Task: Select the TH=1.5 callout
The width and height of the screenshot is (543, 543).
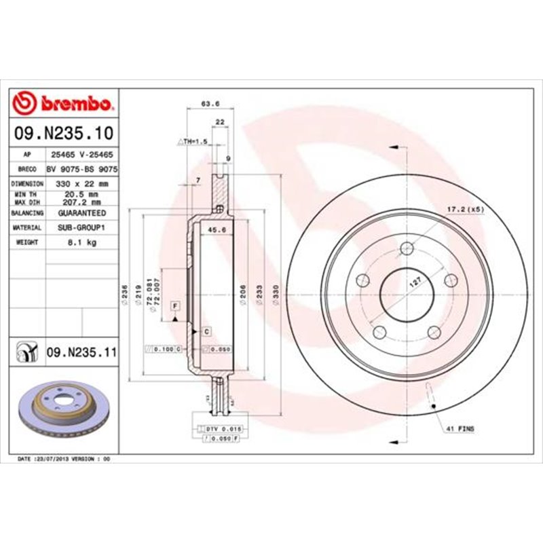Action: click(192, 141)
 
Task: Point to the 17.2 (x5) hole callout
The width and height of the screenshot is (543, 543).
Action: click(465, 210)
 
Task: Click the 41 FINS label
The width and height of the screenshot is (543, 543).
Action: click(460, 430)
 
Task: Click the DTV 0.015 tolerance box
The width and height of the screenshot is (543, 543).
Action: click(222, 430)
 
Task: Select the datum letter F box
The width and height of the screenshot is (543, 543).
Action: click(174, 306)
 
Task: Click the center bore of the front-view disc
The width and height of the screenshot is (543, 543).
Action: click(407, 294)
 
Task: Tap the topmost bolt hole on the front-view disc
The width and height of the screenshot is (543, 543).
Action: click(407, 248)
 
